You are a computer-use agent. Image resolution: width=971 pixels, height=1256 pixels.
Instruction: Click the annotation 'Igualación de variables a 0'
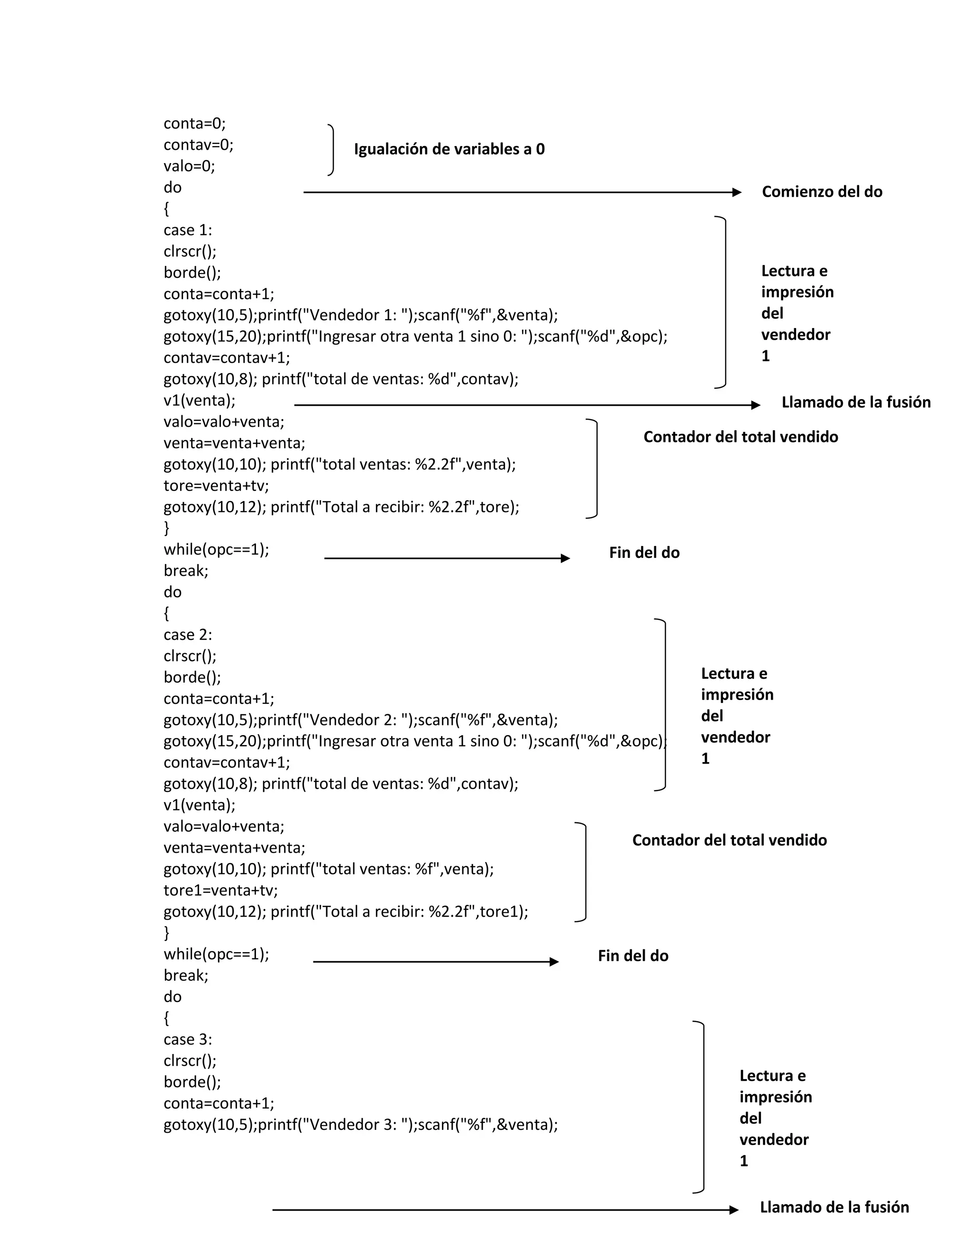pos(449,149)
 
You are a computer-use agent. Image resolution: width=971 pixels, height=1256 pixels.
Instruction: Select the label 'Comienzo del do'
pos(822,192)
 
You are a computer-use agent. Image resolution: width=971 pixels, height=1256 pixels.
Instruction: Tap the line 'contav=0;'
pos(199,145)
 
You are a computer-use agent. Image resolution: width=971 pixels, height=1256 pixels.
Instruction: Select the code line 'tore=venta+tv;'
pos(216,486)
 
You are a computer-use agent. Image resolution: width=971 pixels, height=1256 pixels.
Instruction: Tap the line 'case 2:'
pos(188,636)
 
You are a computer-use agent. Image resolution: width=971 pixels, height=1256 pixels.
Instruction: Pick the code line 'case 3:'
pos(188,1040)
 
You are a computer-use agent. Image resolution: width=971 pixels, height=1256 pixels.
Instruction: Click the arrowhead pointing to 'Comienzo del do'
pos(737,192)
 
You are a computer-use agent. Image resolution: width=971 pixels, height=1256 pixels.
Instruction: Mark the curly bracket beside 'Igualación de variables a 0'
pos(331,149)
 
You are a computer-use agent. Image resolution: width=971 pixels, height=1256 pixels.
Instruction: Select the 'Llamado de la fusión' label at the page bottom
pos(834,1208)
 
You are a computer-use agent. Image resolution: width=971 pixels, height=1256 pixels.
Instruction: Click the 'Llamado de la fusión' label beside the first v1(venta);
pos(855,402)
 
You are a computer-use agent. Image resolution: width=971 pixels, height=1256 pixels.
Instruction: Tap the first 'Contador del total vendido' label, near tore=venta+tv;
pos(740,437)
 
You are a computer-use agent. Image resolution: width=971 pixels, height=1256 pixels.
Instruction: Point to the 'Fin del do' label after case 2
pos(633,956)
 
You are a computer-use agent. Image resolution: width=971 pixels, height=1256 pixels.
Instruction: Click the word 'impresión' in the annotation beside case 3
pos(775,1097)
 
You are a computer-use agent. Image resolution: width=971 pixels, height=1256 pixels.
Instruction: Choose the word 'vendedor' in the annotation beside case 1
pos(796,335)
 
